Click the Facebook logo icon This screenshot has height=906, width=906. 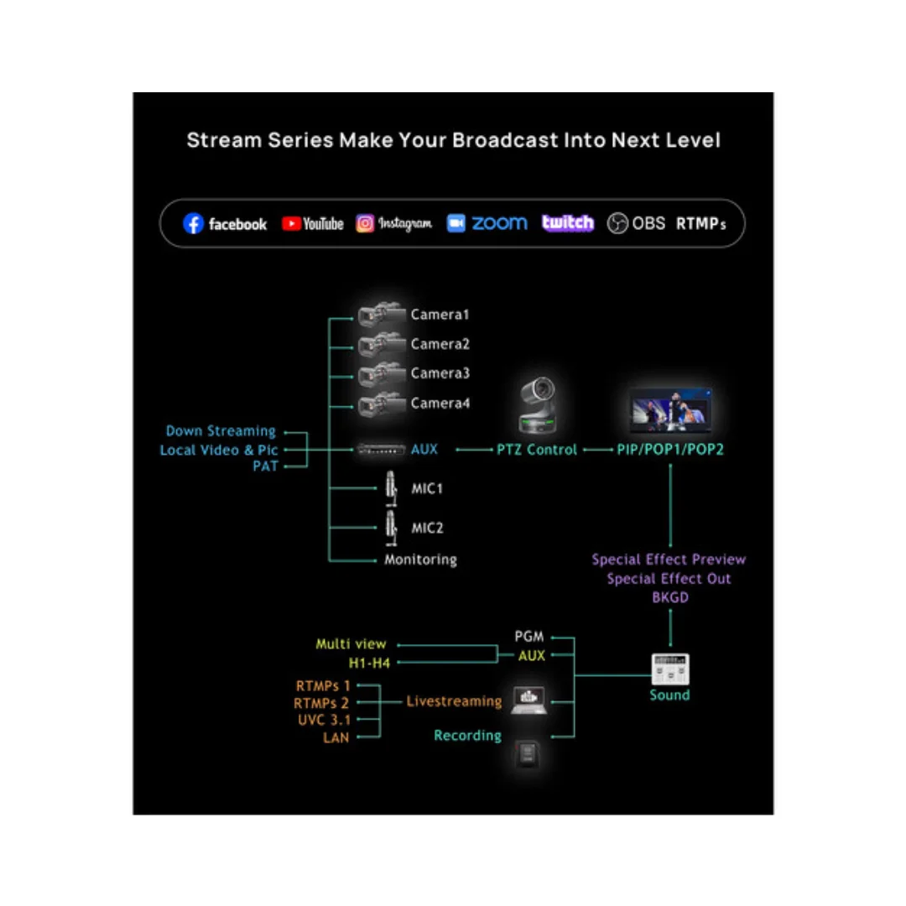[x=194, y=224]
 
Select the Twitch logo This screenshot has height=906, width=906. [x=568, y=223]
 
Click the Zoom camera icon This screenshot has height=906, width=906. [x=456, y=223]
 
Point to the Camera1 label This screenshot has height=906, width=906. [x=440, y=315]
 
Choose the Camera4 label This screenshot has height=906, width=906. [x=440, y=404]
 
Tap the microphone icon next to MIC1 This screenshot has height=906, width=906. [x=390, y=488]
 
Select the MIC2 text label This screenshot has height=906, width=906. [x=427, y=528]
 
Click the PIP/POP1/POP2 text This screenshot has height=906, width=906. [x=670, y=450]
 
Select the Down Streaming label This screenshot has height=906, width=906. [x=221, y=431]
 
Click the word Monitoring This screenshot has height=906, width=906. [x=420, y=560]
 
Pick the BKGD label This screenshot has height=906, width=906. [x=669, y=598]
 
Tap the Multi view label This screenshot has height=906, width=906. [x=351, y=644]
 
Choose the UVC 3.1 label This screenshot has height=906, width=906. [x=323, y=721]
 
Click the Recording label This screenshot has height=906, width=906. [x=467, y=736]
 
